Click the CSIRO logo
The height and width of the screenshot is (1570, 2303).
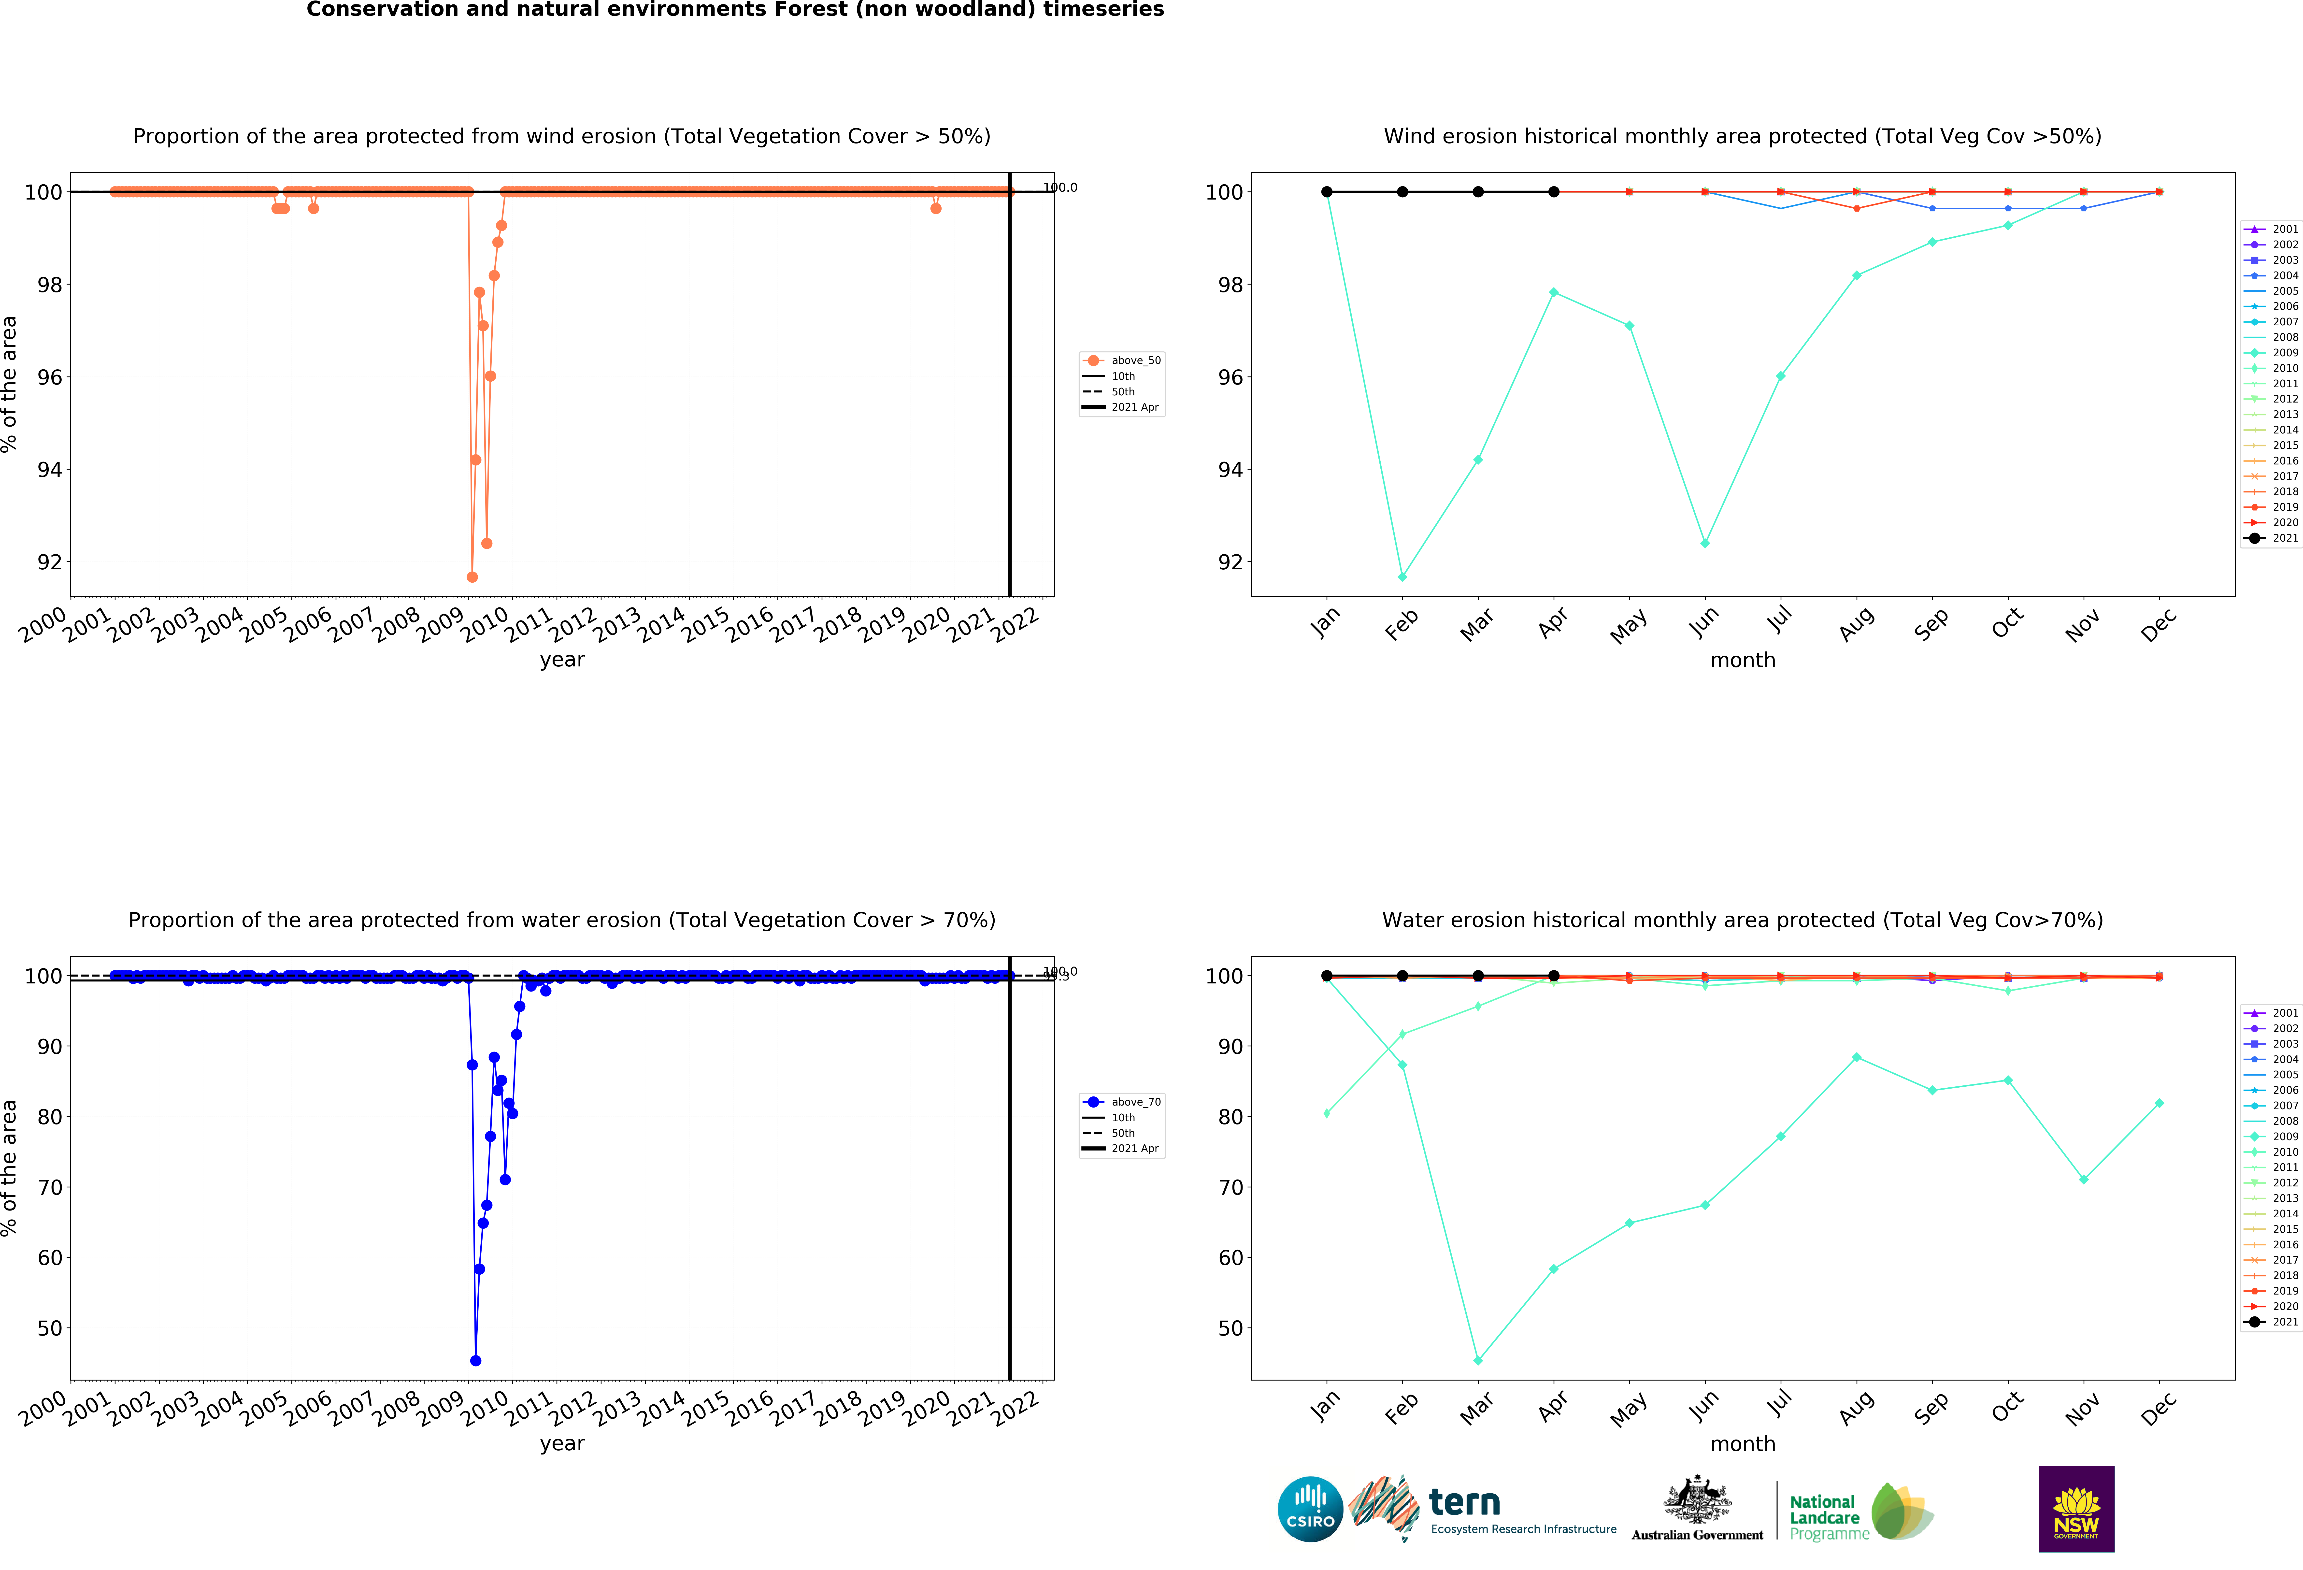point(1310,1510)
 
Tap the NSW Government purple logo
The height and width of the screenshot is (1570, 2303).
point(2076,1509)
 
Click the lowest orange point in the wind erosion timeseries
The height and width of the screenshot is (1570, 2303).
point(472,577)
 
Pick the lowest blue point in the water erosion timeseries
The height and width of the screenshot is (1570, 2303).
point(476,1361)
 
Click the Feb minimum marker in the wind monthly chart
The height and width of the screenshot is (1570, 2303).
point(1402,577)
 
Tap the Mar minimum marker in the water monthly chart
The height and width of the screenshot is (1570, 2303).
point(1477,1361)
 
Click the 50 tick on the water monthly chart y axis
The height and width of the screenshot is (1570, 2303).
point(1229,1328)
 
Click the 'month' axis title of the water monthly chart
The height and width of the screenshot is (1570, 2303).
point(1742,1443)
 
